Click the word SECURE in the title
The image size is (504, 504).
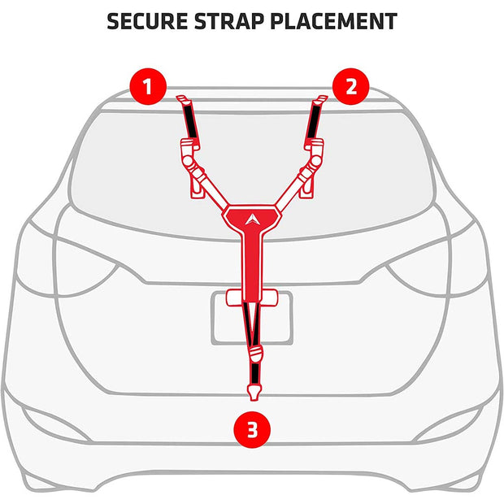(147, 21)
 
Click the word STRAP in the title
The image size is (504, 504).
(229, 21)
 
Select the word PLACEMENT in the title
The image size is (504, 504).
(333, 21)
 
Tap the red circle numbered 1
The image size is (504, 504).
(148, 86)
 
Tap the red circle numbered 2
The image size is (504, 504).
(351, 86)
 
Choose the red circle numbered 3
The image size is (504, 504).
(252, 429)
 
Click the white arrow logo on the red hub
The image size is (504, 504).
(252, 219)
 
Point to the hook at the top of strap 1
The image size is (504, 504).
(183, 100)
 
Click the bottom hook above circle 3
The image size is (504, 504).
(254, 393)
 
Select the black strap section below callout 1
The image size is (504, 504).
(190, 122)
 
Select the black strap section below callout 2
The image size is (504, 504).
(313, 122)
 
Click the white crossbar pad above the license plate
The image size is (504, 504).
(252, 298)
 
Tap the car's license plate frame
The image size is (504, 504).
(252, 318)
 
